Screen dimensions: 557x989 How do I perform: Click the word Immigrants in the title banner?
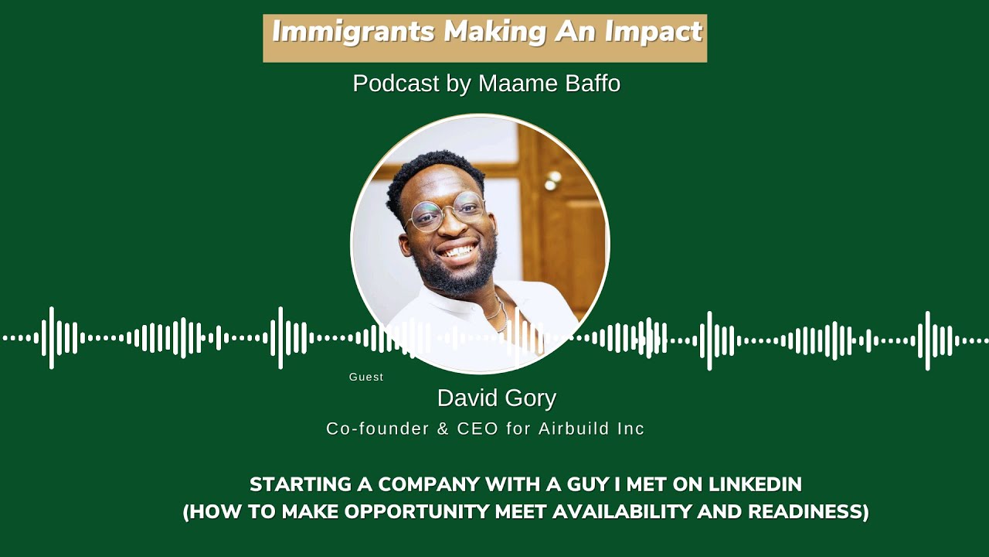(354, 32)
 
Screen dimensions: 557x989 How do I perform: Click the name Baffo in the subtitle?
(593, 84)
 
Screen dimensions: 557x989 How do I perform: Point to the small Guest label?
(366, 378)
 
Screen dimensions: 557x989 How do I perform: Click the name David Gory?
(496, 398)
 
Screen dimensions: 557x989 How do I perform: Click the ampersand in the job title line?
(443, 429)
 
